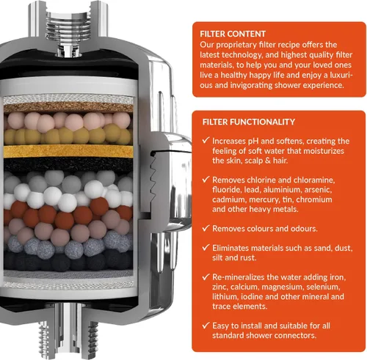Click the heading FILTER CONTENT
coord(233,34)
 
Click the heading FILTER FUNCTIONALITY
coord(249,122)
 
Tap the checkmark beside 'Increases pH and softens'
coord(206,140)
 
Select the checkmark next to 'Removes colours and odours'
coord(206,228)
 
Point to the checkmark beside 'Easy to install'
coord(206,325)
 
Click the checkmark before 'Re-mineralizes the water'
coord(206,276)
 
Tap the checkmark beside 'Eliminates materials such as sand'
coord(206,247)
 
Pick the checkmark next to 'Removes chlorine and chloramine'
coord(206,179)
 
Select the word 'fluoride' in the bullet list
coord(222,190)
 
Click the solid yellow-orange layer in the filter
coord(68,151)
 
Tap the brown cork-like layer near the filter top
coord(68,108)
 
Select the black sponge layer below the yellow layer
coord(68,164)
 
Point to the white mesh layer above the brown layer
coord(68,99)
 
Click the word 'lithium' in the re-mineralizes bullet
coord(225,297)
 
